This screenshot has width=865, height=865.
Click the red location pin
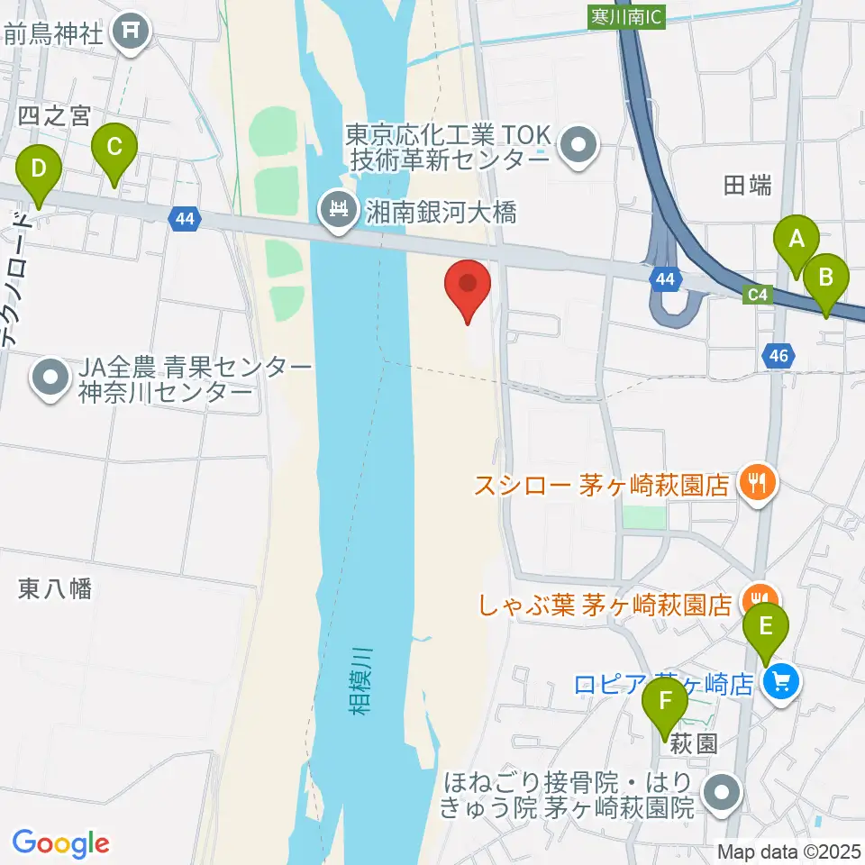(x=469, y=286)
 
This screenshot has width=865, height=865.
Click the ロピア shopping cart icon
(x=780, y=682)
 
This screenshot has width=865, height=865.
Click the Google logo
(x=61, y=842)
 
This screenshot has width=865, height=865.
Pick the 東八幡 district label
(x=55, y=589)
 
